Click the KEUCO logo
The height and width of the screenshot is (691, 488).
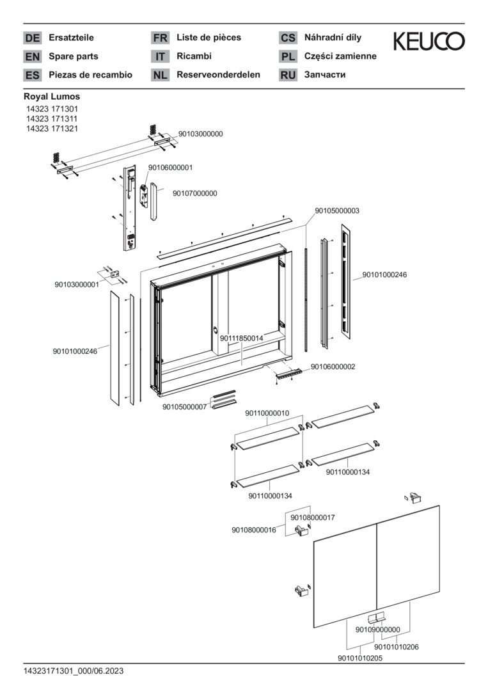pyautogui.click(x=429, y=42)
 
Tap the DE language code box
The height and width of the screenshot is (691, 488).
pyautogui.click(x=32, y=38)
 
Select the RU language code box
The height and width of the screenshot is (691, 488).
pyautogui.click(x=288, y=75)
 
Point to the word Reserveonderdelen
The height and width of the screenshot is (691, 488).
pyautogui.click(x=218, y=75)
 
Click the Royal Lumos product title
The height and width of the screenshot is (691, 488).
pyautogui.click(x=52, y=97)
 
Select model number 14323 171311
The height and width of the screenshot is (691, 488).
pyautogui.click(x=52, y=118)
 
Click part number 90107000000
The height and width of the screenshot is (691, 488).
pyautogui.click(x=194, y=193)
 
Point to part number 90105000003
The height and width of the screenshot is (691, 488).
pyautogui.click(x=336, y=210)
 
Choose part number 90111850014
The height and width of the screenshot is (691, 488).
pyautogui.click(x=242, y=338)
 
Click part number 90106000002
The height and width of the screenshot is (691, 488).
pyautogui.click(x=333, y=367)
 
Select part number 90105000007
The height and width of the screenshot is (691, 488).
pyautogui.click(x=184, y=407)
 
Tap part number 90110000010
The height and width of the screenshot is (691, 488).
pyautogui.click(x=267, y=413)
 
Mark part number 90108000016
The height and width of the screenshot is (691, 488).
pyautogui.click(x=253, y=530)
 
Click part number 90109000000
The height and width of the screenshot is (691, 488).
pyautogui.click(x=377, y=630)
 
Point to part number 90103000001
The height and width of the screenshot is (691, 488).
pyautogui.click(x=77, y=285)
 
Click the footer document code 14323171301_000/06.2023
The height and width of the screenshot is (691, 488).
pyautogui.click(x=74, y=671)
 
